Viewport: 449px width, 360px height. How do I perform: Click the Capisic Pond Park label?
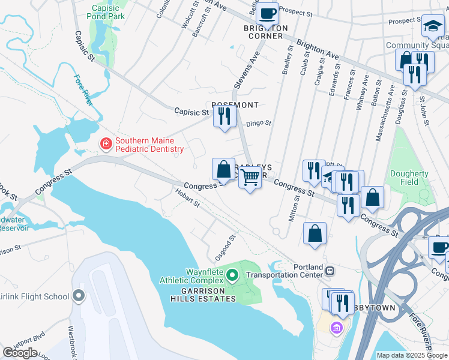click(x=108, y=13)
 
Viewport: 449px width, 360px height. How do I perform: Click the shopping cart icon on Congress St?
click(x=250, y=177)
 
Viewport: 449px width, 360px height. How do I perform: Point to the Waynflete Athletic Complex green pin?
click(x=234, y=276)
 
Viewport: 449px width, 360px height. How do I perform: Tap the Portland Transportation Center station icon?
click(x=330, y=271)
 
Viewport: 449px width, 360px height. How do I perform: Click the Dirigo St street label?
click(x=260, y=123)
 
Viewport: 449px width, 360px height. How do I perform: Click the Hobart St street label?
click(x=187, y=197)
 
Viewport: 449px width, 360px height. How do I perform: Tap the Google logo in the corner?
click(x=20, y=353)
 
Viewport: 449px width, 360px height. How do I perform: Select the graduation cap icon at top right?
click(x=432, y=26)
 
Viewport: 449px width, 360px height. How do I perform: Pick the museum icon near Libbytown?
click(x=337, y=328)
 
